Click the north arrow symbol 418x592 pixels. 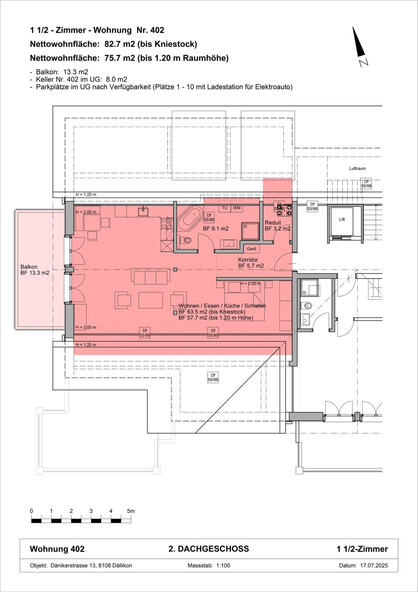point(359,44)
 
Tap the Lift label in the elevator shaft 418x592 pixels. point(342,219)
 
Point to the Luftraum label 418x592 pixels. point(357,169)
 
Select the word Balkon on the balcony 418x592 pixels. point(29,267)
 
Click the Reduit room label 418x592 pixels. point(273,223)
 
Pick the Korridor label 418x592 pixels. point(248,260)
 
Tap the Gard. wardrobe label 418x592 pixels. point(252,249)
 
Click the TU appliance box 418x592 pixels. point(224,208)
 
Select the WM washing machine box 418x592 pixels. point(237,208)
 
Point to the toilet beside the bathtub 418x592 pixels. point(185,240)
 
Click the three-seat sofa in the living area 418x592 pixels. point(150,276)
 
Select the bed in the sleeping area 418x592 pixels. point(245,299)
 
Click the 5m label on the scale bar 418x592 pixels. point(131,511)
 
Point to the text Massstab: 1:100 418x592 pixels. point(209,565)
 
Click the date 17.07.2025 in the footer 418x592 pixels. point(374,565)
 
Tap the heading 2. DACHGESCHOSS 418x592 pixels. point(209,549)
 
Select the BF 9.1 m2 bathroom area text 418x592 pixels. point(216,229)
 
